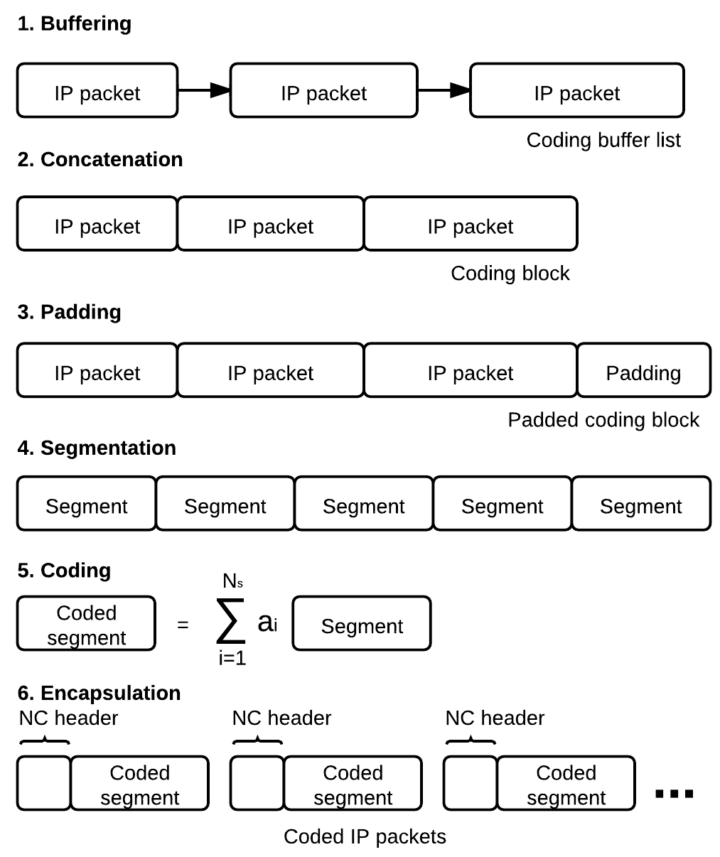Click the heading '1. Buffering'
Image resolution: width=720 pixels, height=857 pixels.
tap(75, 23)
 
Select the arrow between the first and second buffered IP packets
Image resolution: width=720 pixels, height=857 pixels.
tap(204, 90)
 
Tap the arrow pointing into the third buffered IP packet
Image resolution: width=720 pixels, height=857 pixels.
tap(444, 90)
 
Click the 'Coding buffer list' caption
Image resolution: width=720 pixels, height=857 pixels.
tap(603, 141)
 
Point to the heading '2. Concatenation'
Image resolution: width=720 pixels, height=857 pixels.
tap(100, 159)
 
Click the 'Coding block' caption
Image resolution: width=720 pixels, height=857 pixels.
tap(510, 274)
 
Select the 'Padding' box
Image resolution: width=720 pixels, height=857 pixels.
tap(644, 370)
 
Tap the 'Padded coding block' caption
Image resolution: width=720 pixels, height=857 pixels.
tap(603, 420)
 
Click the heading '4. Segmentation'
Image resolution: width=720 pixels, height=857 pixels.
tap(97, 448)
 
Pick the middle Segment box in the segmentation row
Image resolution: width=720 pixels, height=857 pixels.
tap(364, 503)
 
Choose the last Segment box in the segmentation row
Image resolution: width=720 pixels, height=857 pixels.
tap(641, 503)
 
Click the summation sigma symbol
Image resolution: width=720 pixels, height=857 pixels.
tap(231, 621)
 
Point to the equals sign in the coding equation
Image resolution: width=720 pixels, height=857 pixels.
tap(183, 625)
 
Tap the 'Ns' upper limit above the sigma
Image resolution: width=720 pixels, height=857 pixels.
tap(232, 581)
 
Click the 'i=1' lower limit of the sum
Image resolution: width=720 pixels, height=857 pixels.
tap(232, 658)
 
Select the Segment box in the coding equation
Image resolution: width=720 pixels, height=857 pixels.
tap(362, 623)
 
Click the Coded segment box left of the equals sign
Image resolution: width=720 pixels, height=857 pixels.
tap(86, 623)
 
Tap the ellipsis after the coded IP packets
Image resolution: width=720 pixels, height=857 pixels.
tap(674, 794)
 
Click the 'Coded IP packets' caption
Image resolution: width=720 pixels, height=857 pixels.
tap(365, 836)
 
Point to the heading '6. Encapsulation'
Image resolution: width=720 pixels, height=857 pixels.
tap(99, 693)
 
